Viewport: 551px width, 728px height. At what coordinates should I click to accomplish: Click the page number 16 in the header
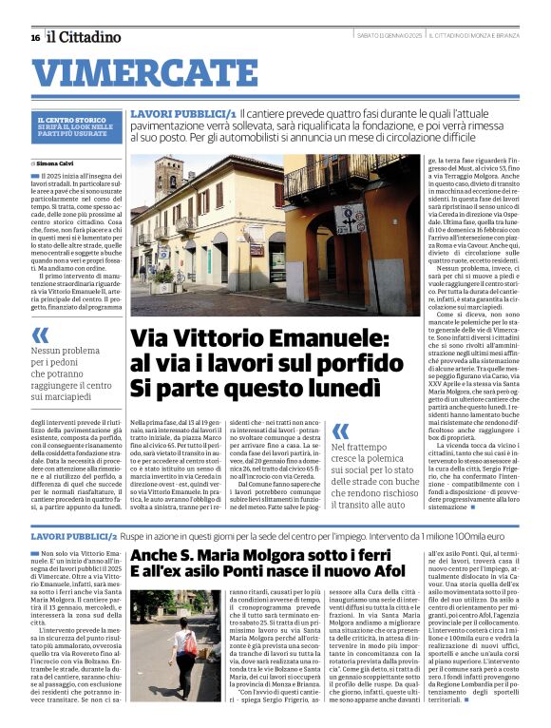point(34,37)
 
